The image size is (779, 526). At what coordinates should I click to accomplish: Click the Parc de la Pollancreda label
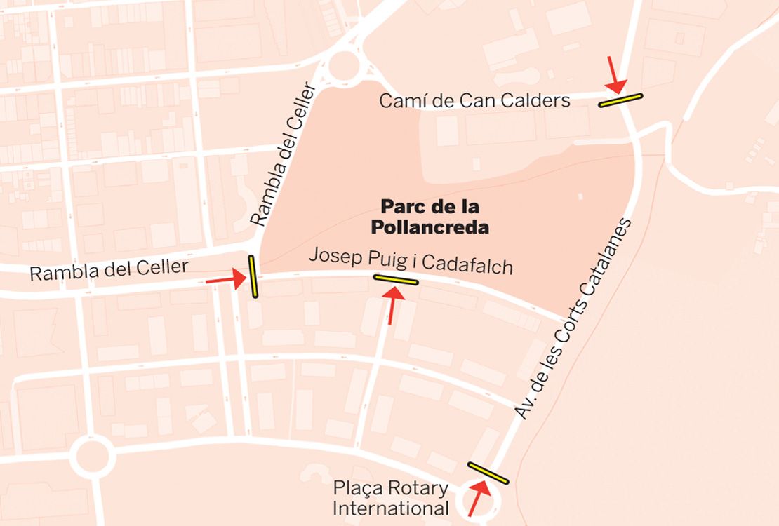pyautogui.click(x=434, y=217)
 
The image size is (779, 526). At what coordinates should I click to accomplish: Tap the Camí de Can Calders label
pyautogui.click(x=474, y=101)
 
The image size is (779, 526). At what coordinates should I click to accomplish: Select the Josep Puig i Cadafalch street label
pyautogui.click(x=411, y=261)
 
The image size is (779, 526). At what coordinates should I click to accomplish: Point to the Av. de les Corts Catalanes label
pyautogui.click(x=575, y=319)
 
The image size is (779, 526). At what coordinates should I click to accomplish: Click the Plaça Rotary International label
pyautogui.click(x=390, y=498)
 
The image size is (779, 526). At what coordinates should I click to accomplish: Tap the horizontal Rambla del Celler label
pyautogui.click(x=109, y=269)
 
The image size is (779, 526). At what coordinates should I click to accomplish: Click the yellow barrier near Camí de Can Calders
pyautogui.click(x=620, y=100)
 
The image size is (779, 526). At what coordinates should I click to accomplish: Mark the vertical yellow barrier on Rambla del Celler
pyautogui.click(x=253, y=277)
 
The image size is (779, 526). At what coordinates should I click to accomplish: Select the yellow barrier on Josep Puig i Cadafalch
pyautogui.click(x=396, y=280)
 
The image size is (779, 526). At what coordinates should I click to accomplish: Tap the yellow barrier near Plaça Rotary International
pyautogui.click(x=488, y=473)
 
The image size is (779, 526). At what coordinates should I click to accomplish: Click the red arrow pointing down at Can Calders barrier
pyautogui.click(x=614, y=76)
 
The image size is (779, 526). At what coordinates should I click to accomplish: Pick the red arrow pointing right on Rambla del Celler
pyautogui.click(x=225, y=280)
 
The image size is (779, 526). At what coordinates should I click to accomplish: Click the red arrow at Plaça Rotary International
pyautogui.click(x=479, y=498)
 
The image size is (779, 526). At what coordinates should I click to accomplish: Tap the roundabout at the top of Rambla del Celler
pyautogui.click(x=343, y=67)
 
